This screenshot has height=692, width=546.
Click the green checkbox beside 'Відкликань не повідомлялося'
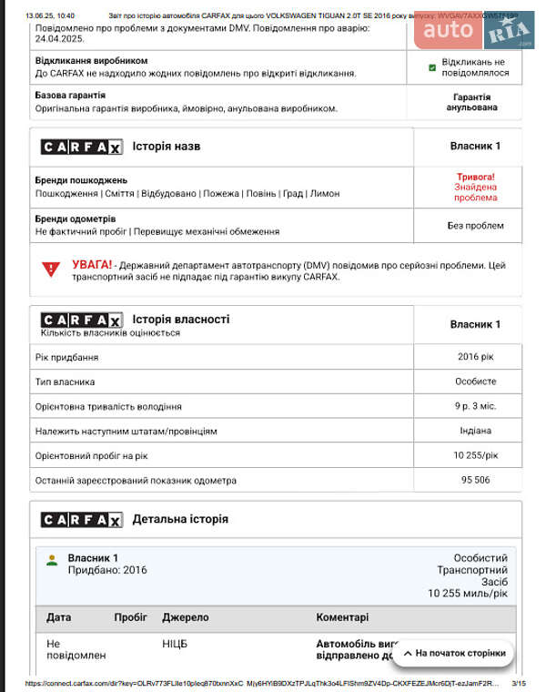432,67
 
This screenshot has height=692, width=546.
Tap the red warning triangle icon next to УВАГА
51,270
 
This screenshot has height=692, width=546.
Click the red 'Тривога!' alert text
475,177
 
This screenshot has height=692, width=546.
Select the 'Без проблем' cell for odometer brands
475,226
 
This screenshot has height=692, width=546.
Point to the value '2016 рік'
475,357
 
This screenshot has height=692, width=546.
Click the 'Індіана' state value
475,431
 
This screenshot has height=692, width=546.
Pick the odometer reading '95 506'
475,480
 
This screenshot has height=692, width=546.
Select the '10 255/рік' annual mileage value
475,455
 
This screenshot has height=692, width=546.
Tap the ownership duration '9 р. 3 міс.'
475,406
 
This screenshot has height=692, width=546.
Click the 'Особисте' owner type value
475,382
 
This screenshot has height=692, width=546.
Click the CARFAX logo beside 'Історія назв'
81,147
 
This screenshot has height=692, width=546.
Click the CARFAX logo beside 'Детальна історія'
81,520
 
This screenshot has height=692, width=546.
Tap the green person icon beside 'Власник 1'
52,559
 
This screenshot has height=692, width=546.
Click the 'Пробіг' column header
130,617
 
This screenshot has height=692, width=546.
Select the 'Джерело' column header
185,617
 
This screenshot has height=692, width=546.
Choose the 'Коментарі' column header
342,617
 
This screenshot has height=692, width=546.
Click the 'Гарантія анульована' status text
471,102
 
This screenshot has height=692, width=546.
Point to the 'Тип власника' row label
65,382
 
